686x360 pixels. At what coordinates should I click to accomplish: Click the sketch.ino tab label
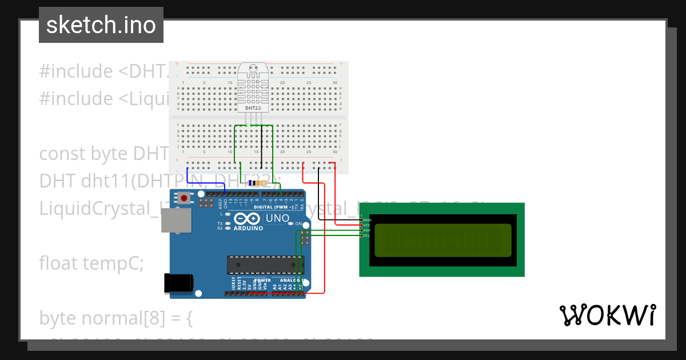(x=101, y=25)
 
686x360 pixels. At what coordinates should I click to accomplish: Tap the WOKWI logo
(x=607, y=315)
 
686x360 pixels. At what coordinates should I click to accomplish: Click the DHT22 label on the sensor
(x=253, y=108)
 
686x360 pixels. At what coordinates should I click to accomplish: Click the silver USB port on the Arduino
(x=172, y=220)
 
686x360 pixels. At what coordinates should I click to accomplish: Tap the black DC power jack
(x=178, y=283)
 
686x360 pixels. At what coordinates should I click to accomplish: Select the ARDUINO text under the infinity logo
(x=248, y=229)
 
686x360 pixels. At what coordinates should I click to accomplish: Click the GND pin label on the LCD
(x=367, y=220)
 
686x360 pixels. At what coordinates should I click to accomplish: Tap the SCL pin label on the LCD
(x=367, y=235)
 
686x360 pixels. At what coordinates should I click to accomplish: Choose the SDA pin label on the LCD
(x=367, y=230)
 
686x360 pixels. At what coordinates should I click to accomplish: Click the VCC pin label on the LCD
(x=367, y=225)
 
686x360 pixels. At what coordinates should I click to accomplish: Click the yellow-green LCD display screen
(x=442, y=240)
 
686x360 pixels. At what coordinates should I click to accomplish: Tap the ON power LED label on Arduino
(x=298, y=224)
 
